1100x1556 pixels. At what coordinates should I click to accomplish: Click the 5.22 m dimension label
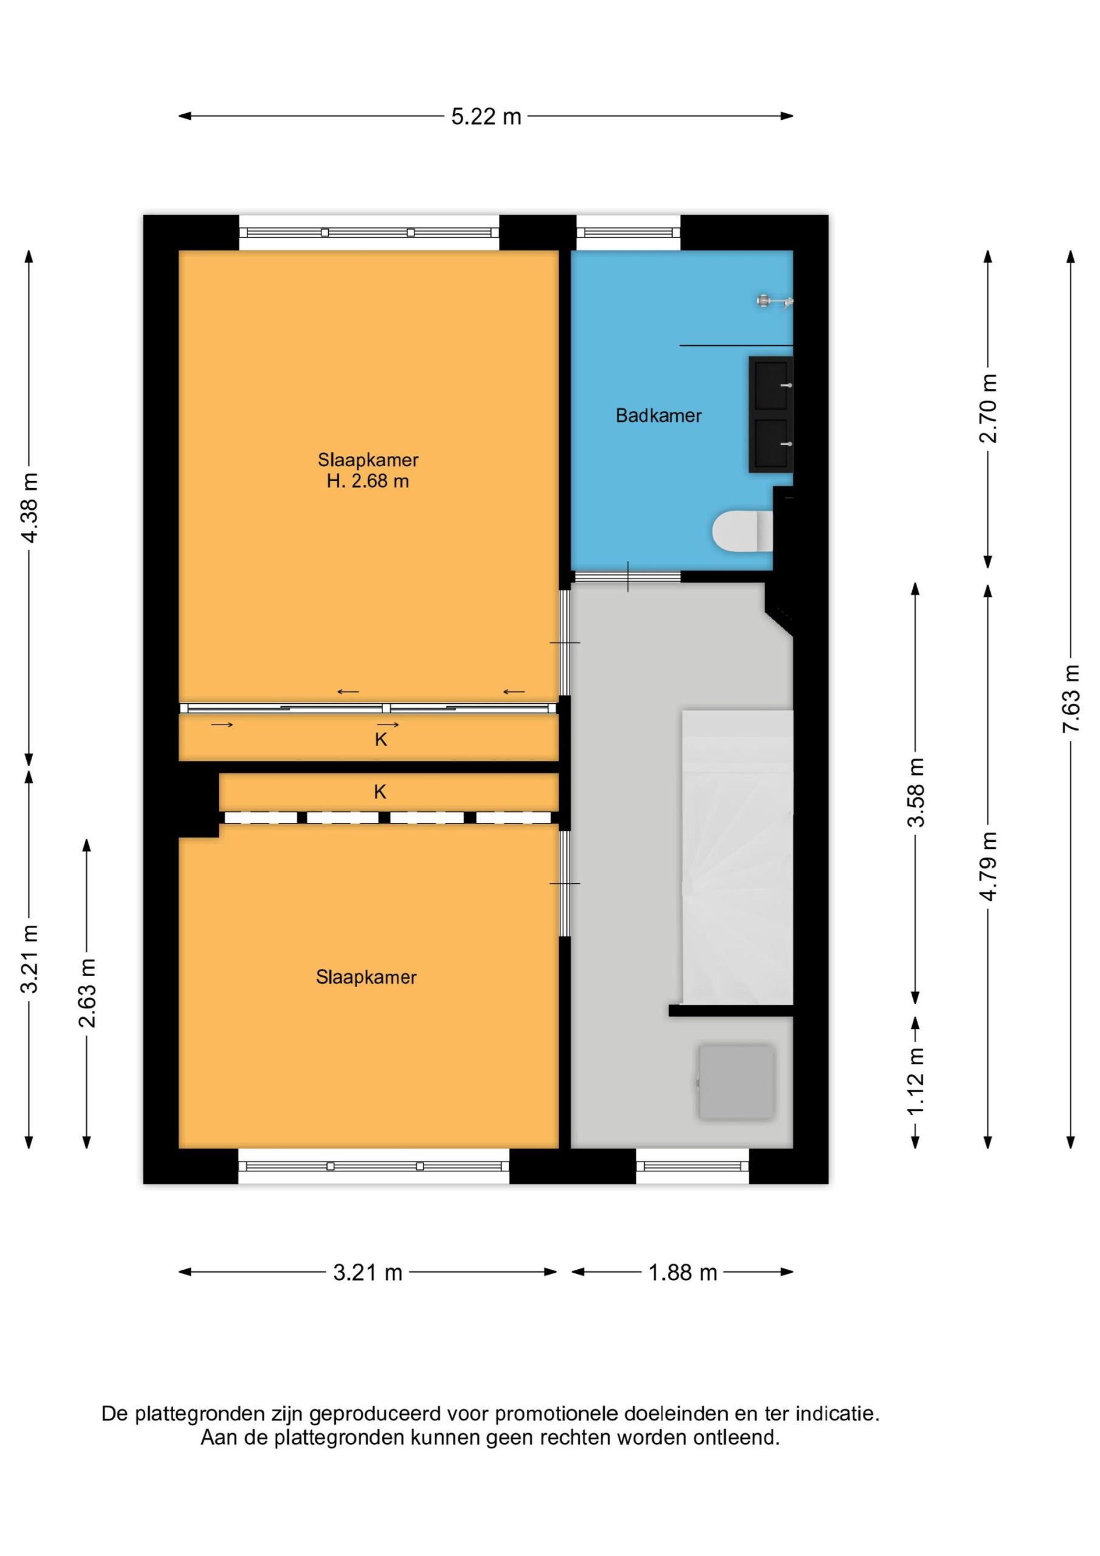486,117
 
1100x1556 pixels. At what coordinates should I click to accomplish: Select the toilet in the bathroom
742,531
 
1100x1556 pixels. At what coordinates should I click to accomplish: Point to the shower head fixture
775,300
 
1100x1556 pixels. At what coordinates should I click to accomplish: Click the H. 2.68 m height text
368,481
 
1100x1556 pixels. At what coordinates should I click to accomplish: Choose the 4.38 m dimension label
29,508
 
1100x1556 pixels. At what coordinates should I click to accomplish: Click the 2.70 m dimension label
988,408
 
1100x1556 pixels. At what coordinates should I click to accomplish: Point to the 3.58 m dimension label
916,792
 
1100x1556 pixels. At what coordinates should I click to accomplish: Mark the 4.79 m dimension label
988,866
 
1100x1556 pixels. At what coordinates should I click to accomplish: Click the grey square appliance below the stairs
736,1083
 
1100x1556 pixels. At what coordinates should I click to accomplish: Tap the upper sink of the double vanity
771,385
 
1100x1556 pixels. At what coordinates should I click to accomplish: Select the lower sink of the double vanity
771,444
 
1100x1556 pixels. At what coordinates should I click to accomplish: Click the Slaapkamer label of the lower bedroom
366,977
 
